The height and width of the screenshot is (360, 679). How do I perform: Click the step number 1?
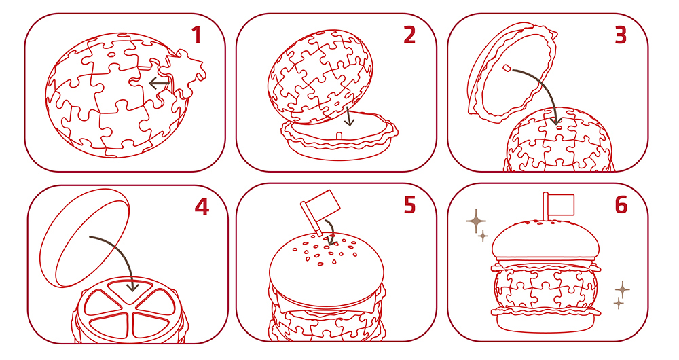click(x=197, y=35)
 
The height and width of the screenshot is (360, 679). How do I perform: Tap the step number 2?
click(x=409, y=35)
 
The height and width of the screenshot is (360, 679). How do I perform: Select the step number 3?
click(x=621, y=35)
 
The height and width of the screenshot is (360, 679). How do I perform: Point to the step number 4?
click(x=202, y=207)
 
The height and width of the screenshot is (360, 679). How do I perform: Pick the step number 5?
click(x=409, y=205)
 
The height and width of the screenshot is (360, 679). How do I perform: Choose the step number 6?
click(x=621, y=205)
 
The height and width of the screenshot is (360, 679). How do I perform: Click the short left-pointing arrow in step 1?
click(x=159, y=83)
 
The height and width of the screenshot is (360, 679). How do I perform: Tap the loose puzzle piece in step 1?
click(x=182, y=73)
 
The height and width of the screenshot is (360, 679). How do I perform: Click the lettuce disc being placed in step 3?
click(x=511, y=73)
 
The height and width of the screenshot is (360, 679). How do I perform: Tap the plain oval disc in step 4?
click(x=85, y=238)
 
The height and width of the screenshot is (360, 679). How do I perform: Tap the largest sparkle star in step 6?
click(x=476, y=222)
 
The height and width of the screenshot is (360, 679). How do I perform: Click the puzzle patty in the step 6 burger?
click(x=546, y=287)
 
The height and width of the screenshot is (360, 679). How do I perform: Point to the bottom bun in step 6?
click(x=546, y=322)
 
